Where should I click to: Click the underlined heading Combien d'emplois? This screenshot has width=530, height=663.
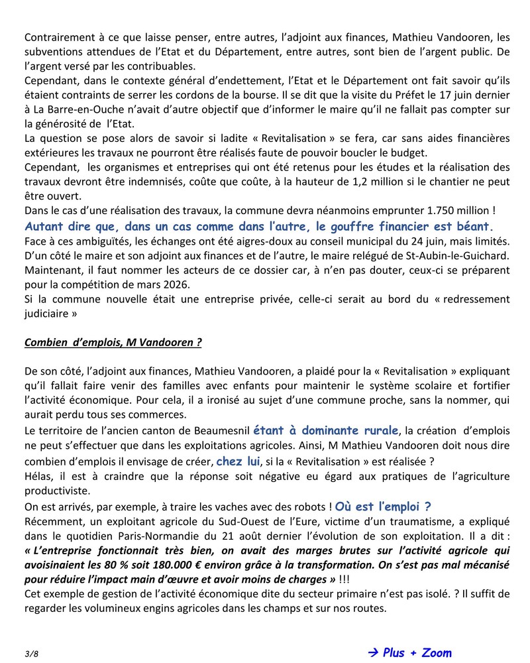(113, 343)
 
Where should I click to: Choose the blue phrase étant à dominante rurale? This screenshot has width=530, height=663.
(326, 430)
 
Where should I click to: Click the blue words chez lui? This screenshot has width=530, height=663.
(238, 461)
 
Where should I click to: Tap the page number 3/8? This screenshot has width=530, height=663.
(31, 654)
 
